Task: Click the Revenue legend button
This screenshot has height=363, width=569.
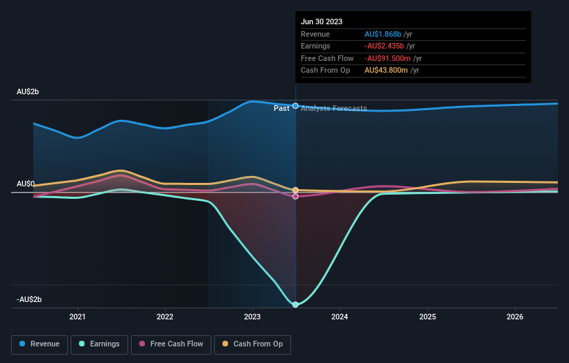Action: (40, 344)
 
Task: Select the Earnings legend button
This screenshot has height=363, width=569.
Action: (99, 344)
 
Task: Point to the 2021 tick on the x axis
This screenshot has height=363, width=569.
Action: (78, 317)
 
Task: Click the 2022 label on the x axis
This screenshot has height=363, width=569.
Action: (165, 317)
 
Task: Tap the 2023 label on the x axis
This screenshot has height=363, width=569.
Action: (252, 317)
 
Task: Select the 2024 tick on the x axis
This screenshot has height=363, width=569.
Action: (340, 317)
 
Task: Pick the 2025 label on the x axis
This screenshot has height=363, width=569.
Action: (428, 317)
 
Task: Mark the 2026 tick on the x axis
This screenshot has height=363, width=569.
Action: (515, 317)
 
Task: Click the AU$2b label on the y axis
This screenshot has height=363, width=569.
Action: (28, 92)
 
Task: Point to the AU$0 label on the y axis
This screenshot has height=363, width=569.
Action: (26, 184)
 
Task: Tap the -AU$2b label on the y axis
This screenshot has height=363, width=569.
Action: (30, 299)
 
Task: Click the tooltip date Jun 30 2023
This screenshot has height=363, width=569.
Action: (322, 22)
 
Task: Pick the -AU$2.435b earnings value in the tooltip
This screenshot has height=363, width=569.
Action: (385, 46)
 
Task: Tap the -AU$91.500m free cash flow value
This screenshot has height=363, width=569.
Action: (389, 58)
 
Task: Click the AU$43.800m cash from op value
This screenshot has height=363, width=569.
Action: (386, 71)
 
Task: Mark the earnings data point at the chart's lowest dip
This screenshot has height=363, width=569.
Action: (296, 305)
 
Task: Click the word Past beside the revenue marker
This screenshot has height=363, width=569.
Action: (281, 108)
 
